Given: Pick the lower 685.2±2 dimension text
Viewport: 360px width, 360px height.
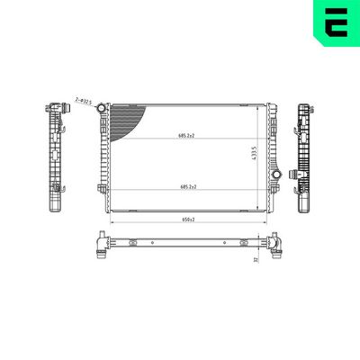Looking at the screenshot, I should [186, 186].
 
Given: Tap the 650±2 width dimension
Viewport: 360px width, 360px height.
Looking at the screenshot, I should [186, 218].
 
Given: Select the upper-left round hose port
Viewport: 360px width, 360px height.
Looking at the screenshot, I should [102, 109].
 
